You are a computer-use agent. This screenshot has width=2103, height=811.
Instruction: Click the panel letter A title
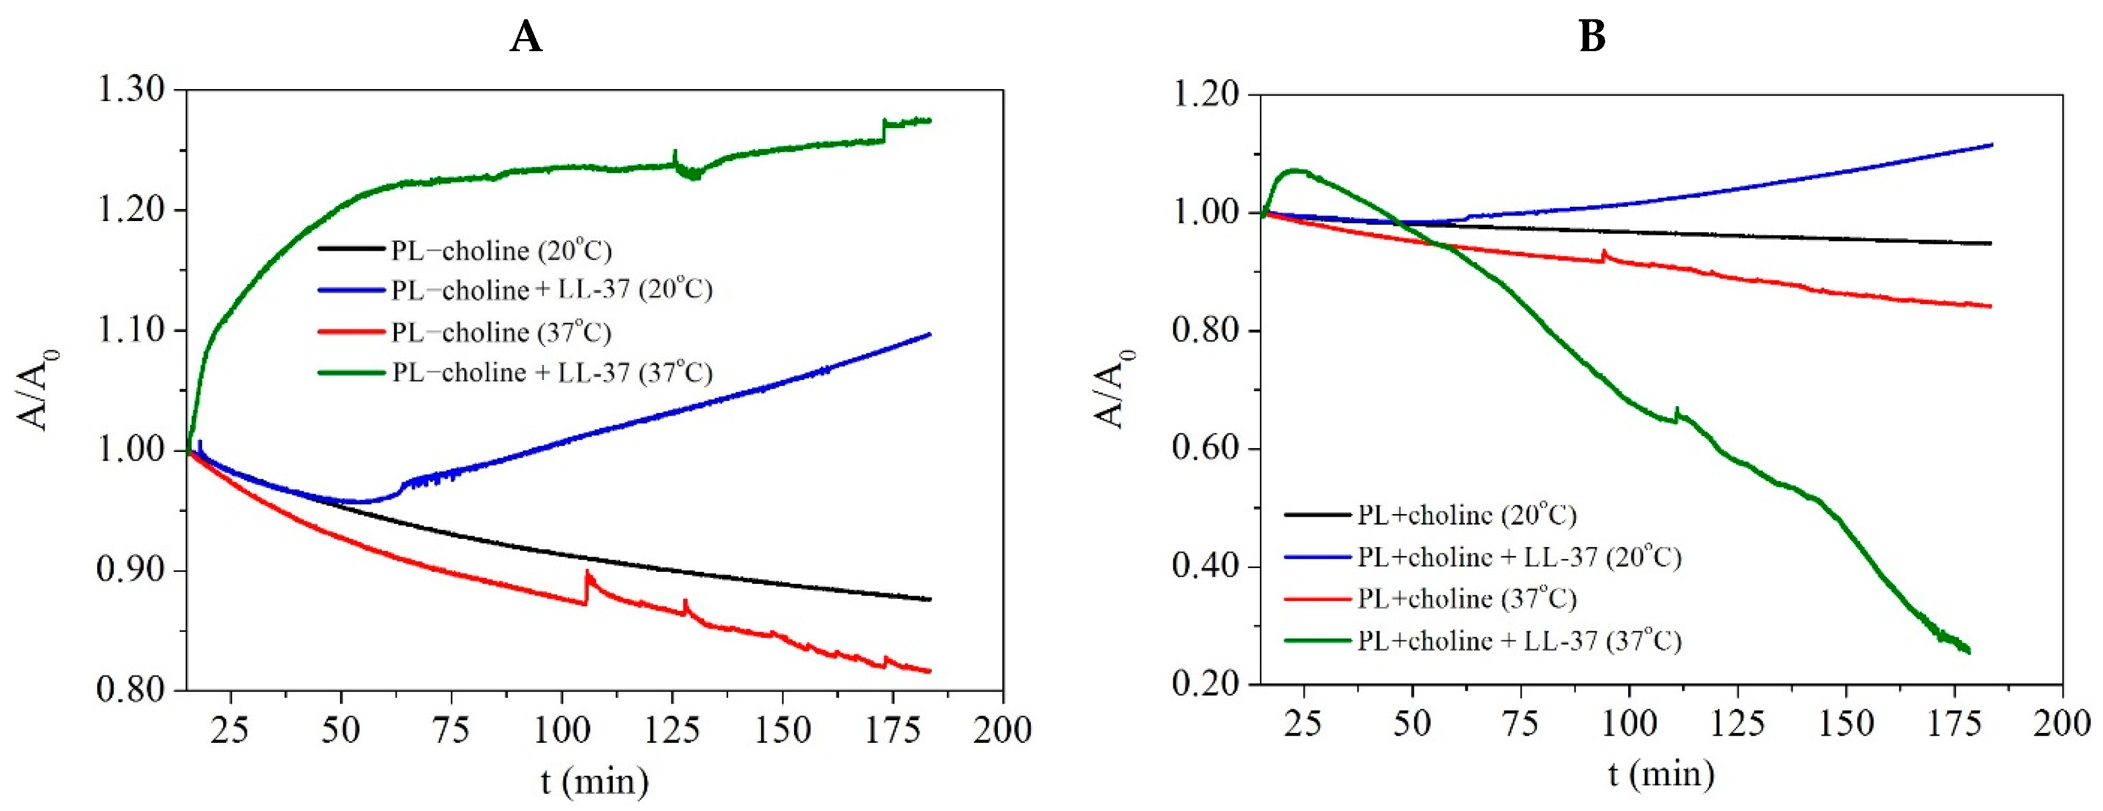point(526,37)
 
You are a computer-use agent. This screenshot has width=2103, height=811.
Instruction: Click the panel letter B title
point(1592,37)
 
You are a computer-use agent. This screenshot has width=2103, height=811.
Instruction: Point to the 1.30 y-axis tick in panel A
point(131,89)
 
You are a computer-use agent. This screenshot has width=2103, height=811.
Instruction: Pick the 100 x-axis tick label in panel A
point(561,729)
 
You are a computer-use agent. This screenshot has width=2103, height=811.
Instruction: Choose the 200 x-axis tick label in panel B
point(2061,724)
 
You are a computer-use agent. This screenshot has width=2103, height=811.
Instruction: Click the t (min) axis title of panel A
point(595,782)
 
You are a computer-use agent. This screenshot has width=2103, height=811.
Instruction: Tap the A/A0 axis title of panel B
point(1112,389)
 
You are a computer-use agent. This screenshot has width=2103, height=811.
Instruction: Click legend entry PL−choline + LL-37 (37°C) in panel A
point(552,372)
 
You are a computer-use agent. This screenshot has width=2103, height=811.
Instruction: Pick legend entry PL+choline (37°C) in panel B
point(1466,599)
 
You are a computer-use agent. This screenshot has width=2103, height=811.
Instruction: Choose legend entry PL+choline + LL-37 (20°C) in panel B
point(1518,557)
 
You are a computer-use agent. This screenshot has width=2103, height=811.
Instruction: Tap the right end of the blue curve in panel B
point(1991,145)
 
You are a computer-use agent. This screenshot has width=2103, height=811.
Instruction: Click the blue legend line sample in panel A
point(351,290)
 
